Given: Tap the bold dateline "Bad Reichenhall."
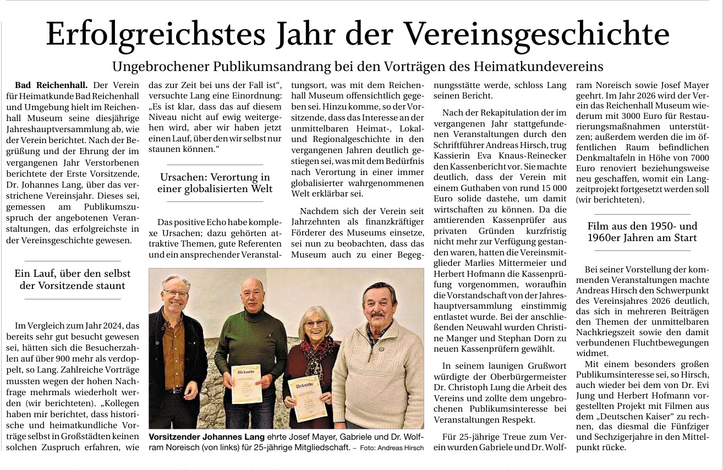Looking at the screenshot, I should pyautogui.click(x=51, y=85).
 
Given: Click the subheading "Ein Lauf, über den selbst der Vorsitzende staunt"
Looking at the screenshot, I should pyautogui.click(x=73, y=279).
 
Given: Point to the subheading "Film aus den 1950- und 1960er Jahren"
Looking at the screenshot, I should pyautogui.click(x=642, y=232).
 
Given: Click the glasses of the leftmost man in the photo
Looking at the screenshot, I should pyautogui.click(x=176, y=294).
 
